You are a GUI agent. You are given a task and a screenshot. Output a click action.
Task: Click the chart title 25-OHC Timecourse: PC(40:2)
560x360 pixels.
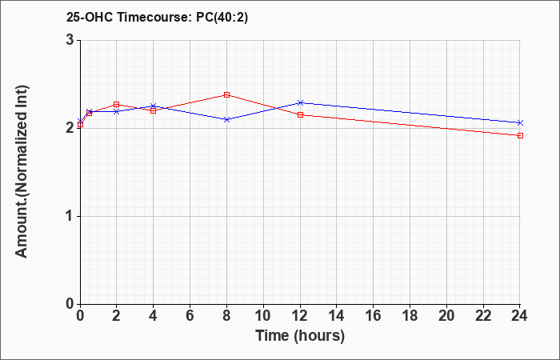157,18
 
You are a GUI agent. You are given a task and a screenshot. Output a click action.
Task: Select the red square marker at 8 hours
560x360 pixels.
226,94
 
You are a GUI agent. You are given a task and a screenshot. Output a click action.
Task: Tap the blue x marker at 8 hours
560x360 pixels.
226,120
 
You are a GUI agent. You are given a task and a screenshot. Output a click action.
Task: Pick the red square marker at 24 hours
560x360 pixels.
520,136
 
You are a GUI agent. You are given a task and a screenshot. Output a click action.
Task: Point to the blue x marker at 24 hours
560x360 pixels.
520,123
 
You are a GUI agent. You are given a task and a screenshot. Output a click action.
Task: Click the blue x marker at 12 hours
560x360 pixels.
300,103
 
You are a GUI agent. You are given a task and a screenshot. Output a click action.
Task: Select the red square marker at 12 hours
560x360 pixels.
300,115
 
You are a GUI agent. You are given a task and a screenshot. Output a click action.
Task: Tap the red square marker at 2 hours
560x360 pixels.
117,105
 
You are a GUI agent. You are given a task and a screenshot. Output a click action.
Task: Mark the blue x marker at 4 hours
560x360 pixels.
154,106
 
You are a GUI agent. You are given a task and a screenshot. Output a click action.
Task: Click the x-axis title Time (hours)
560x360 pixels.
300,336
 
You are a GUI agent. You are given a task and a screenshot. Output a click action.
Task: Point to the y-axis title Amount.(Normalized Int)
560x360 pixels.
22,171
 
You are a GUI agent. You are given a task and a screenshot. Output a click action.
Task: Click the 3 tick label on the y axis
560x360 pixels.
70,40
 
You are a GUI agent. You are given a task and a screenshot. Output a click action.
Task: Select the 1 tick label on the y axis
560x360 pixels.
70,217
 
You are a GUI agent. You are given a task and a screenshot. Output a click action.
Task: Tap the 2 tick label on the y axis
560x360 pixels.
70,129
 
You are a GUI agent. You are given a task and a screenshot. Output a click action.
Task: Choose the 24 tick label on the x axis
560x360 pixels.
520,316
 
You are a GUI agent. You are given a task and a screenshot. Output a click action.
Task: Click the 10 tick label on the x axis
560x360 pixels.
263,316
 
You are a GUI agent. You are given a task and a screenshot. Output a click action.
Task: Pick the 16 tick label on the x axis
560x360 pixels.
374,316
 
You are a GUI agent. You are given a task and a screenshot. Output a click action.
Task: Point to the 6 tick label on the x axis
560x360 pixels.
190,316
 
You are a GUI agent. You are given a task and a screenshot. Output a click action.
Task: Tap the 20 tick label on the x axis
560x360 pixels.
446,316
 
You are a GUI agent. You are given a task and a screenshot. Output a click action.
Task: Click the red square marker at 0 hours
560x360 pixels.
80,125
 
